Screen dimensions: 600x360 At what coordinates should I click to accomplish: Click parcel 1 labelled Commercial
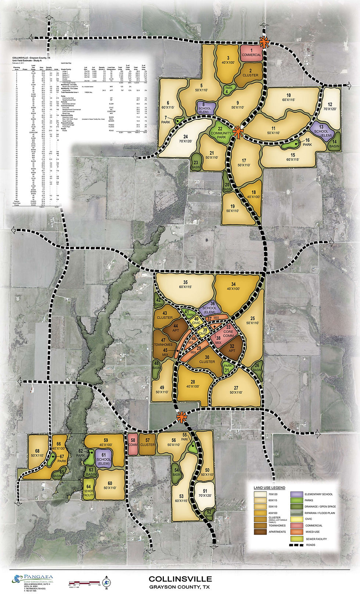[252, 53]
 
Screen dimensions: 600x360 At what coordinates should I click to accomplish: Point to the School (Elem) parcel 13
[321, 129]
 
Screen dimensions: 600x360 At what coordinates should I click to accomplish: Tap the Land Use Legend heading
[269, 488]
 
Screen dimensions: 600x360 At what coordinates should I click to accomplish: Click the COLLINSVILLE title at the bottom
[180, 579]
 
